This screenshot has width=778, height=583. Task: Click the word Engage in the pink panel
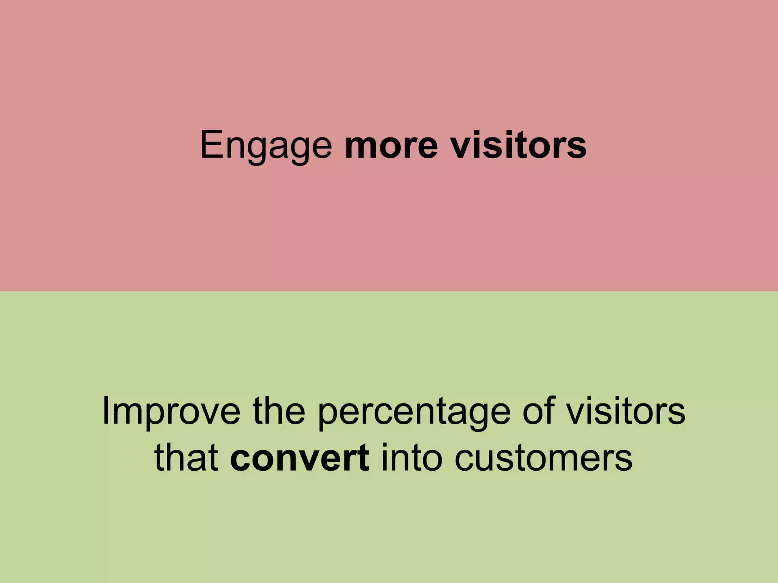click(266, 146)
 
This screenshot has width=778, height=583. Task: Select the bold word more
click(391, 146)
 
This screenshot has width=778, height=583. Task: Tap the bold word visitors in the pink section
click(519, 146)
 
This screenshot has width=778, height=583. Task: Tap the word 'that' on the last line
click(186, 458)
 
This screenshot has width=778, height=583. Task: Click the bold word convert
click(300, 458)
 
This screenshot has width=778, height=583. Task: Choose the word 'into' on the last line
click(412, 458)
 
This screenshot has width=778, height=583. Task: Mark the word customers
click(543, 458)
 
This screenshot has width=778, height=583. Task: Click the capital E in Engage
click(211, 145)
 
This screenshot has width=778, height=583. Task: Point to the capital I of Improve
click(106, 411)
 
